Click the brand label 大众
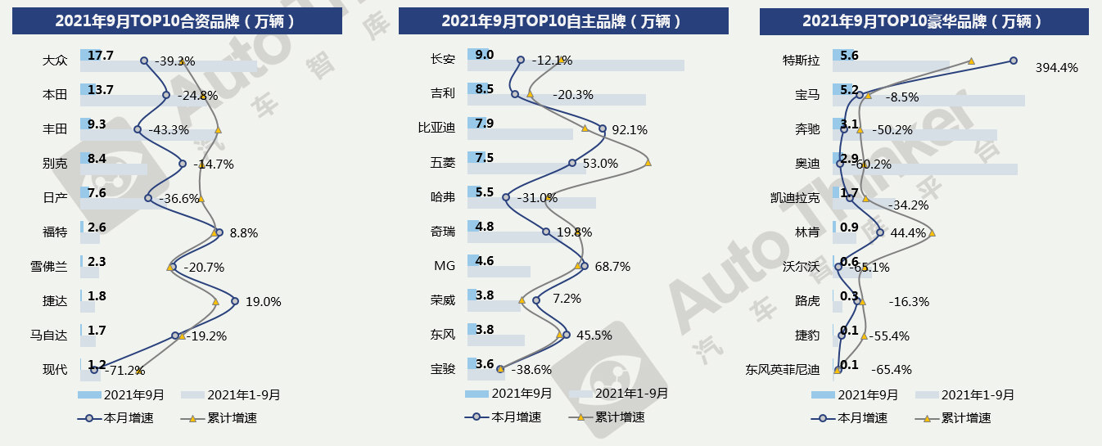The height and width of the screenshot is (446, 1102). (x=55, y=61)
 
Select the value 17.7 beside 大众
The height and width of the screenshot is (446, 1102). (x=101, y=55)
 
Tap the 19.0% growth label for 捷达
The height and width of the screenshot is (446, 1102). (x=263, y=302)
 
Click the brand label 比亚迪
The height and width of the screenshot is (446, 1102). (x=436, y=128)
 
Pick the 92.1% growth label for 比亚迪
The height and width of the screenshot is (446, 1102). (x=630, y=129)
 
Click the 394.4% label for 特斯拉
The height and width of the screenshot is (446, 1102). (x=1057, y=67)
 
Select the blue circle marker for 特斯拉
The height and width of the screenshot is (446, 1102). (x=1013, y=60)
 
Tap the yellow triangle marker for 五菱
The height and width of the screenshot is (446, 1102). (x=648, y=163)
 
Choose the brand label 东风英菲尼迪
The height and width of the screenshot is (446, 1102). (x=782, y=370)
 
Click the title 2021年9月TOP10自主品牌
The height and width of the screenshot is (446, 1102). (x=563, y=20)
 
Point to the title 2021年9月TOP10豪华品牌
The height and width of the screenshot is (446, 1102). (x=924, y=20)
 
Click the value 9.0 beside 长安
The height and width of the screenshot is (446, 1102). (x=485, y=55)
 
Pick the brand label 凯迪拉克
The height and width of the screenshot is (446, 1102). (x=795, y=197)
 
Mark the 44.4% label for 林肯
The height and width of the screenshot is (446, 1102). (x=908, y=233)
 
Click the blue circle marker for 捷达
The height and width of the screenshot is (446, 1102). (x=235, y=301)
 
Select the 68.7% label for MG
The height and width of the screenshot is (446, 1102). (x=613, y=267)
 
